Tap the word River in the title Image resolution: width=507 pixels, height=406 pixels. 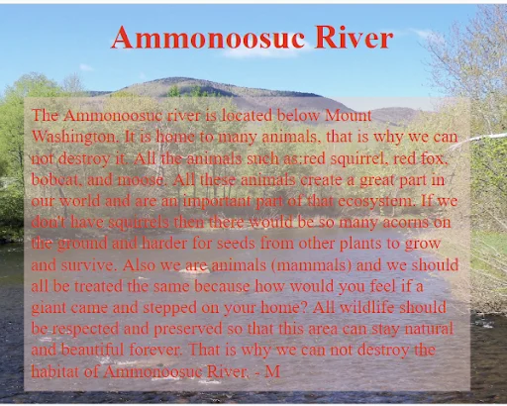[x=354, y=37]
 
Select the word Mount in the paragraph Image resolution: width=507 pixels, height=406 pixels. [x=349, y=115]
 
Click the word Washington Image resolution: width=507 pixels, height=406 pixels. [x=75, y=138]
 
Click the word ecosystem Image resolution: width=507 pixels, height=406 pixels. [x=376, y=202]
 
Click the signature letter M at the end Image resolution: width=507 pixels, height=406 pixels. [x=272, y=371]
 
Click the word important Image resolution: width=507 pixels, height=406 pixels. [x=217, y=202]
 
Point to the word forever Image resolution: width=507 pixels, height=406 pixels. [x=155, y=350]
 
